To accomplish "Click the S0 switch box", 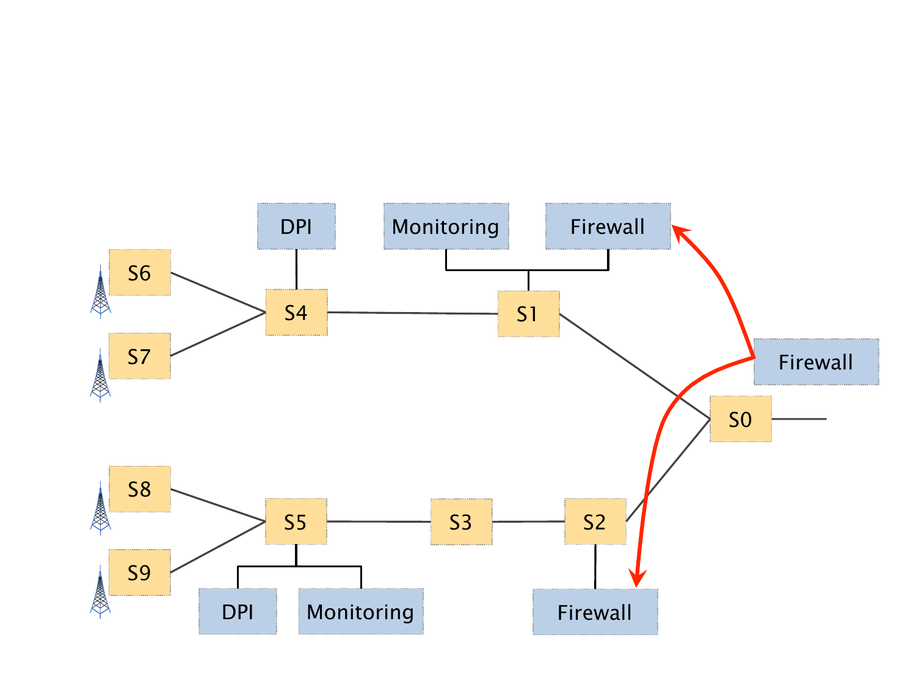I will click(x=740, y=419).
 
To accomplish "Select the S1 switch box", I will click(x=528, y=314).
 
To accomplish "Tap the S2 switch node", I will click(x=595, y=522).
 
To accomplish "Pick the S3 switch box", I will click(x=461, y=522).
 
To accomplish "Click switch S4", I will click(x=296, y=313).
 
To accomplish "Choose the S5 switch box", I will click(x=296, y=522).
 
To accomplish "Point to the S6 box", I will click(x=139, y=272).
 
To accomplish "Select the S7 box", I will click(x=139, y=356).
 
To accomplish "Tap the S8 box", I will click(x=139, y=489).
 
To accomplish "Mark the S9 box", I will click(x=139, y=572).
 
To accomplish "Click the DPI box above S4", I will click(x=296, y=227).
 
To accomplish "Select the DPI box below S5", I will click(x=238, y=611).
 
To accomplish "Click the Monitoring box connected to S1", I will click(x=446, y=227).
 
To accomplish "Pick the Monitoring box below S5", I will click(x=360, y=611).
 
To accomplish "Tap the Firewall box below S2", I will click(x=595, y=612).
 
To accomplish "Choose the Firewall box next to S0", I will click(x=816, y=362).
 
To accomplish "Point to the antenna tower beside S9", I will click(x=101, y=592).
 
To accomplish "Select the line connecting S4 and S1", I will click(x=412, y=313).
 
